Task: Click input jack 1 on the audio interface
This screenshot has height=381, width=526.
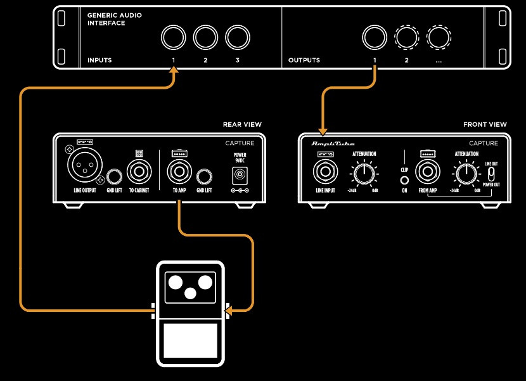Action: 172,38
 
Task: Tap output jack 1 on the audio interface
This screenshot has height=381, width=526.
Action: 374,38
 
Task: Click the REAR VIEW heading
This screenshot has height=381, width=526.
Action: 242,125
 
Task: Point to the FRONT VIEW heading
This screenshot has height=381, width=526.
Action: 485,125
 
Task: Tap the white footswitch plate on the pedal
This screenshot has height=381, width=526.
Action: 190,340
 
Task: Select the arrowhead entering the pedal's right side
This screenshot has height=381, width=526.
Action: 229,311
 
